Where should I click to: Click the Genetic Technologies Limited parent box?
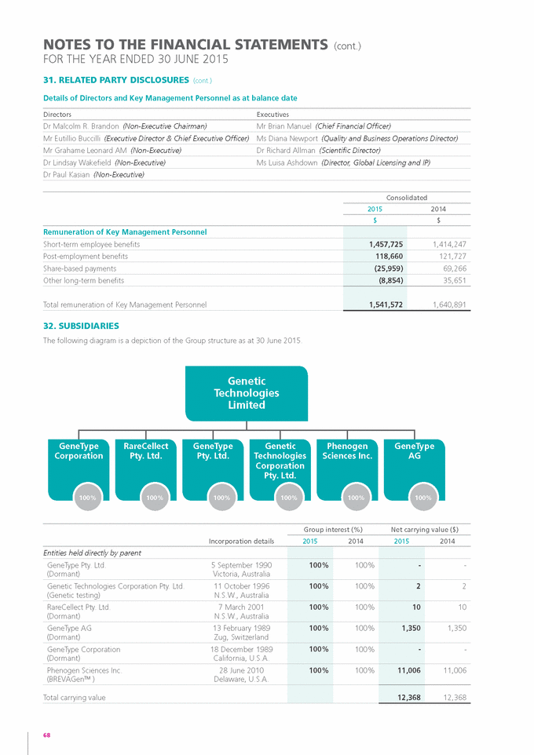click(247, 393)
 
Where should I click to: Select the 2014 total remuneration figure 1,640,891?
click(448, 304)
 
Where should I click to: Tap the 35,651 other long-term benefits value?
click(453, 279)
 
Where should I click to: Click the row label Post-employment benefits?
click(86, 256)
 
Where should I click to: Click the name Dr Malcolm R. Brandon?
click(82, 126)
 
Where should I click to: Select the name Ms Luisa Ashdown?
click(287, 162)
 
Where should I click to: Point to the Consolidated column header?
click(407, 198)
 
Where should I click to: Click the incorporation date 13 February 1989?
click(243, 628)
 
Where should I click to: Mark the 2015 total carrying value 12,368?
click(408, 697)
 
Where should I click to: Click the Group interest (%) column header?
click(335, 529)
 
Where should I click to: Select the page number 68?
click(47, 735)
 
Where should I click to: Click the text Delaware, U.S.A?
click(243, 679)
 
